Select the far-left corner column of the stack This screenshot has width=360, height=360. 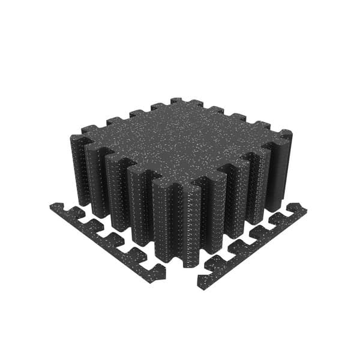78,168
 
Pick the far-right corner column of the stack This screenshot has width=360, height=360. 284,168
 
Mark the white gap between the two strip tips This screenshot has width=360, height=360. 182,282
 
